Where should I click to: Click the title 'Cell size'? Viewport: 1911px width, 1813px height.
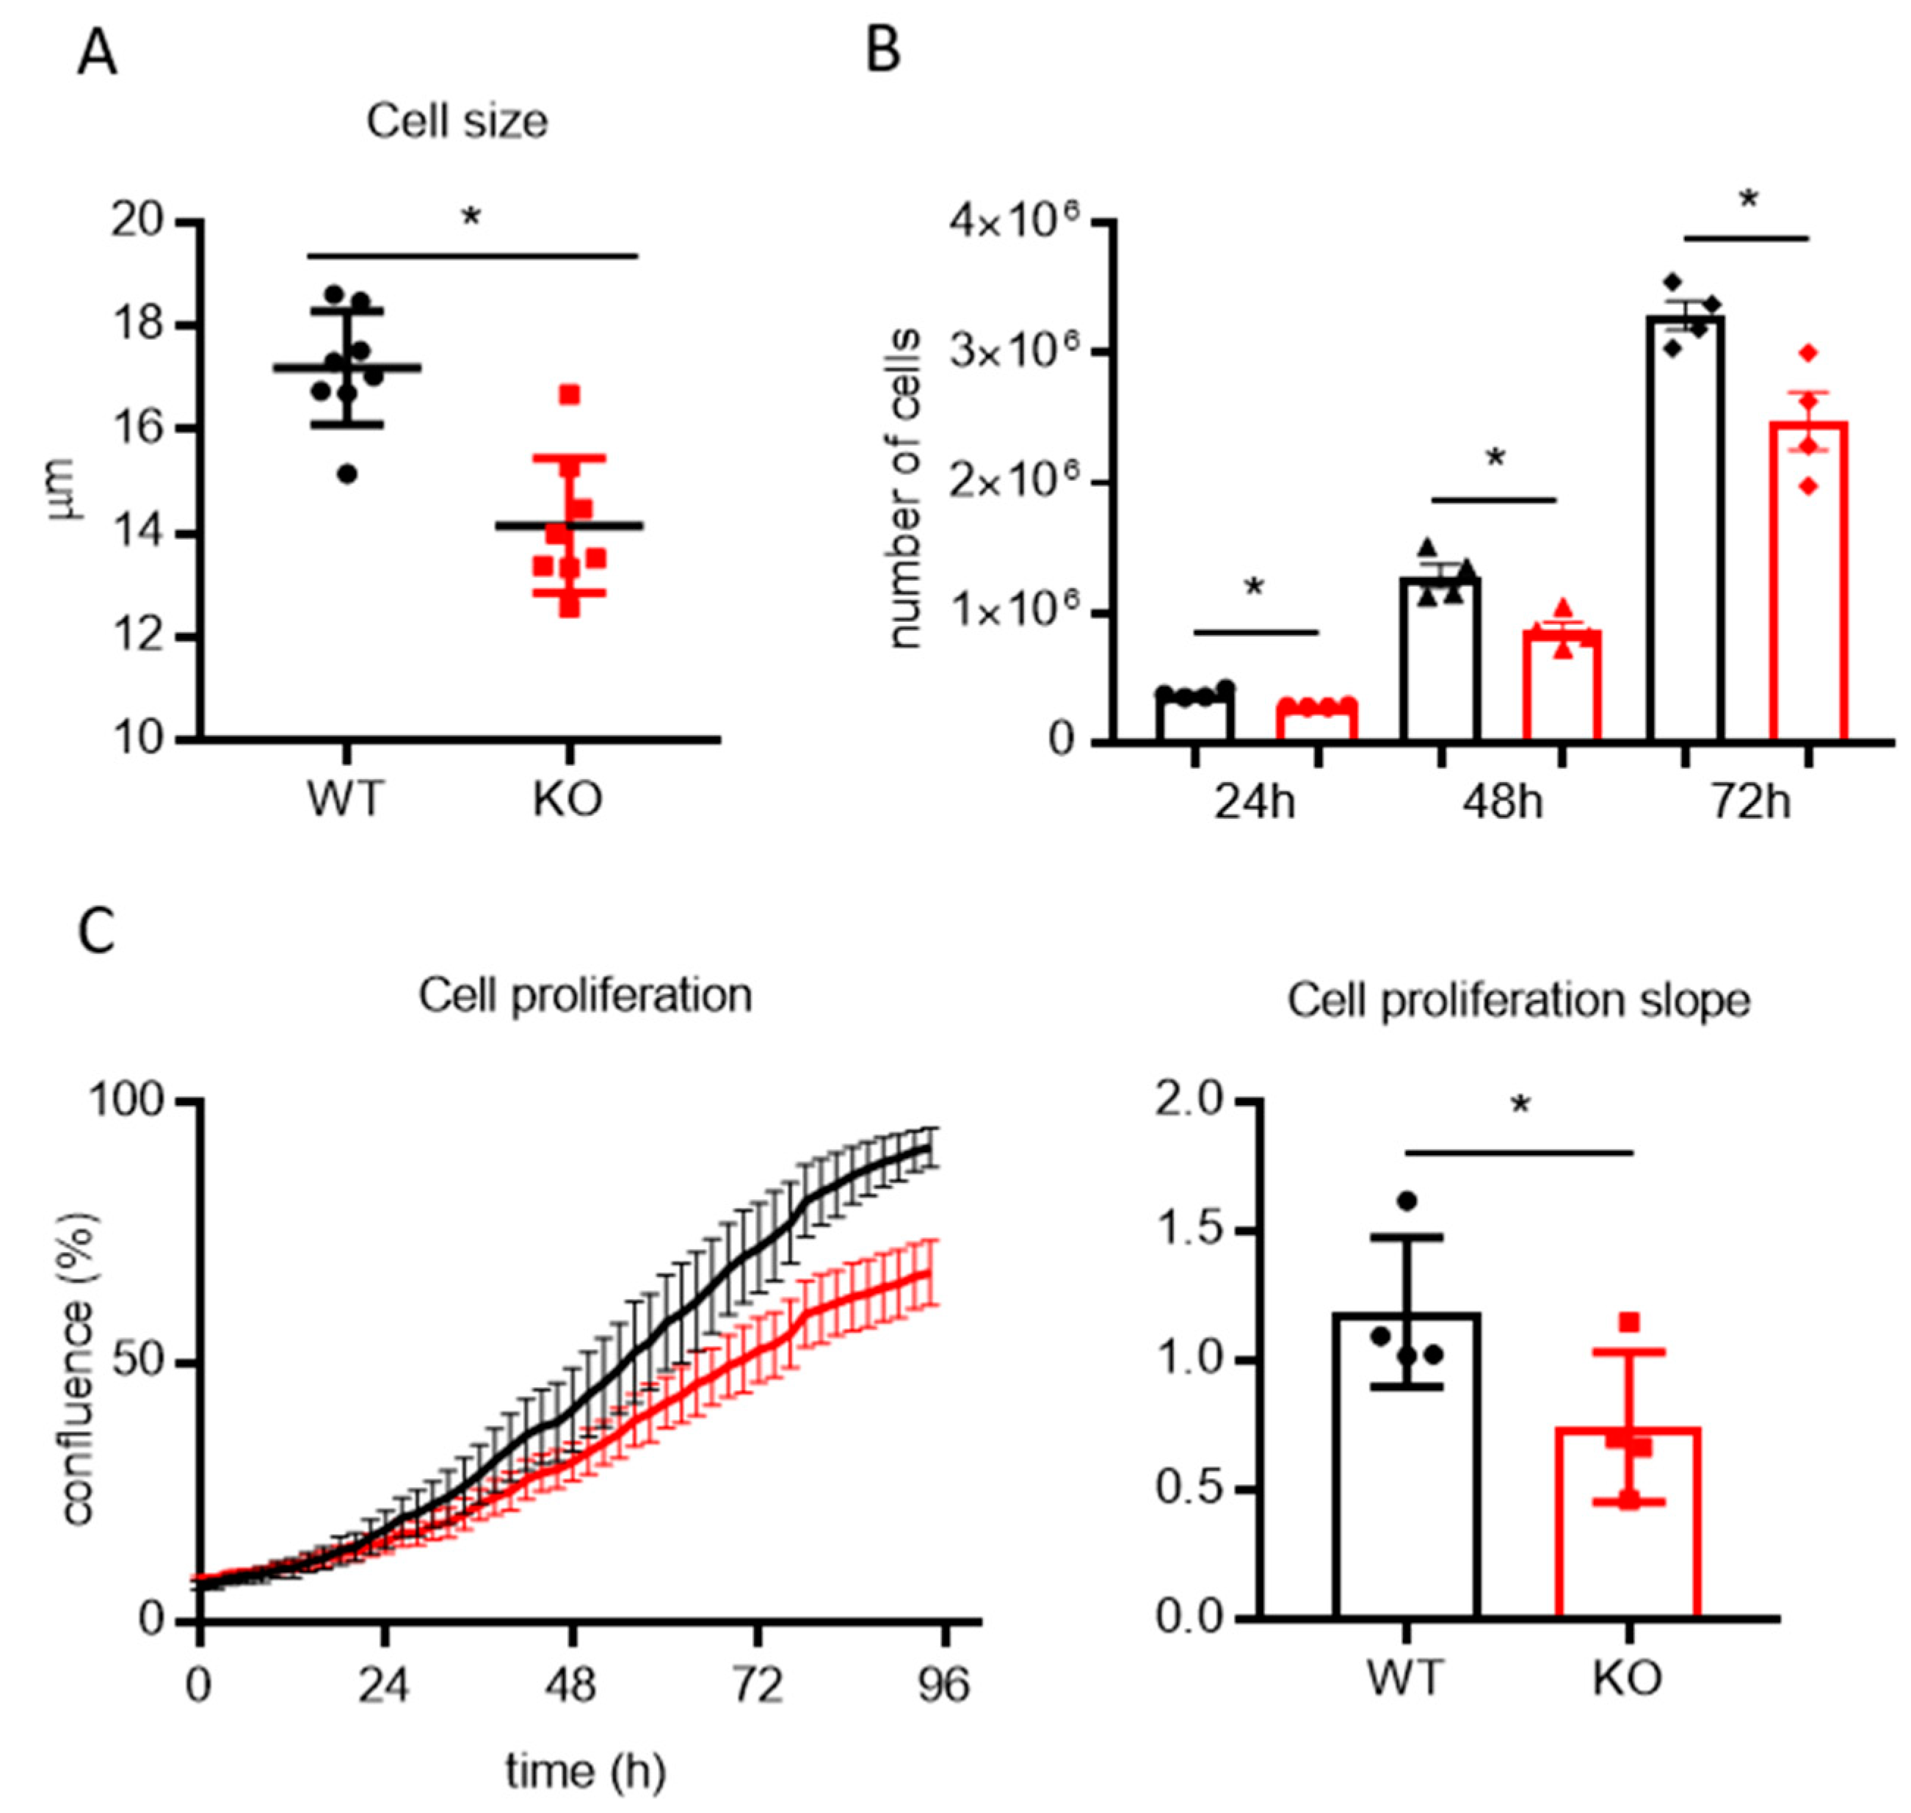[456, 122]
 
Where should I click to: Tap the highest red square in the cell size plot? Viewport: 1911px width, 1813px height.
[569, 394]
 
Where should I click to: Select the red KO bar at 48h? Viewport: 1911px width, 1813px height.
[1562, 685]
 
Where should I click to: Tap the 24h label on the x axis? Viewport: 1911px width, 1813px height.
[1254, 803]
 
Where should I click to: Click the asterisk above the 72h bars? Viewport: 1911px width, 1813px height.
[1748, 202]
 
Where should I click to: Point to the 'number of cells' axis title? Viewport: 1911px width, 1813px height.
[904, 489]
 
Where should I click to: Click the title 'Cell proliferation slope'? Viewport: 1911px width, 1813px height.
[1517, 1001]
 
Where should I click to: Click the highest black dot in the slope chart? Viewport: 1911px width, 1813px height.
[1407, 1201]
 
